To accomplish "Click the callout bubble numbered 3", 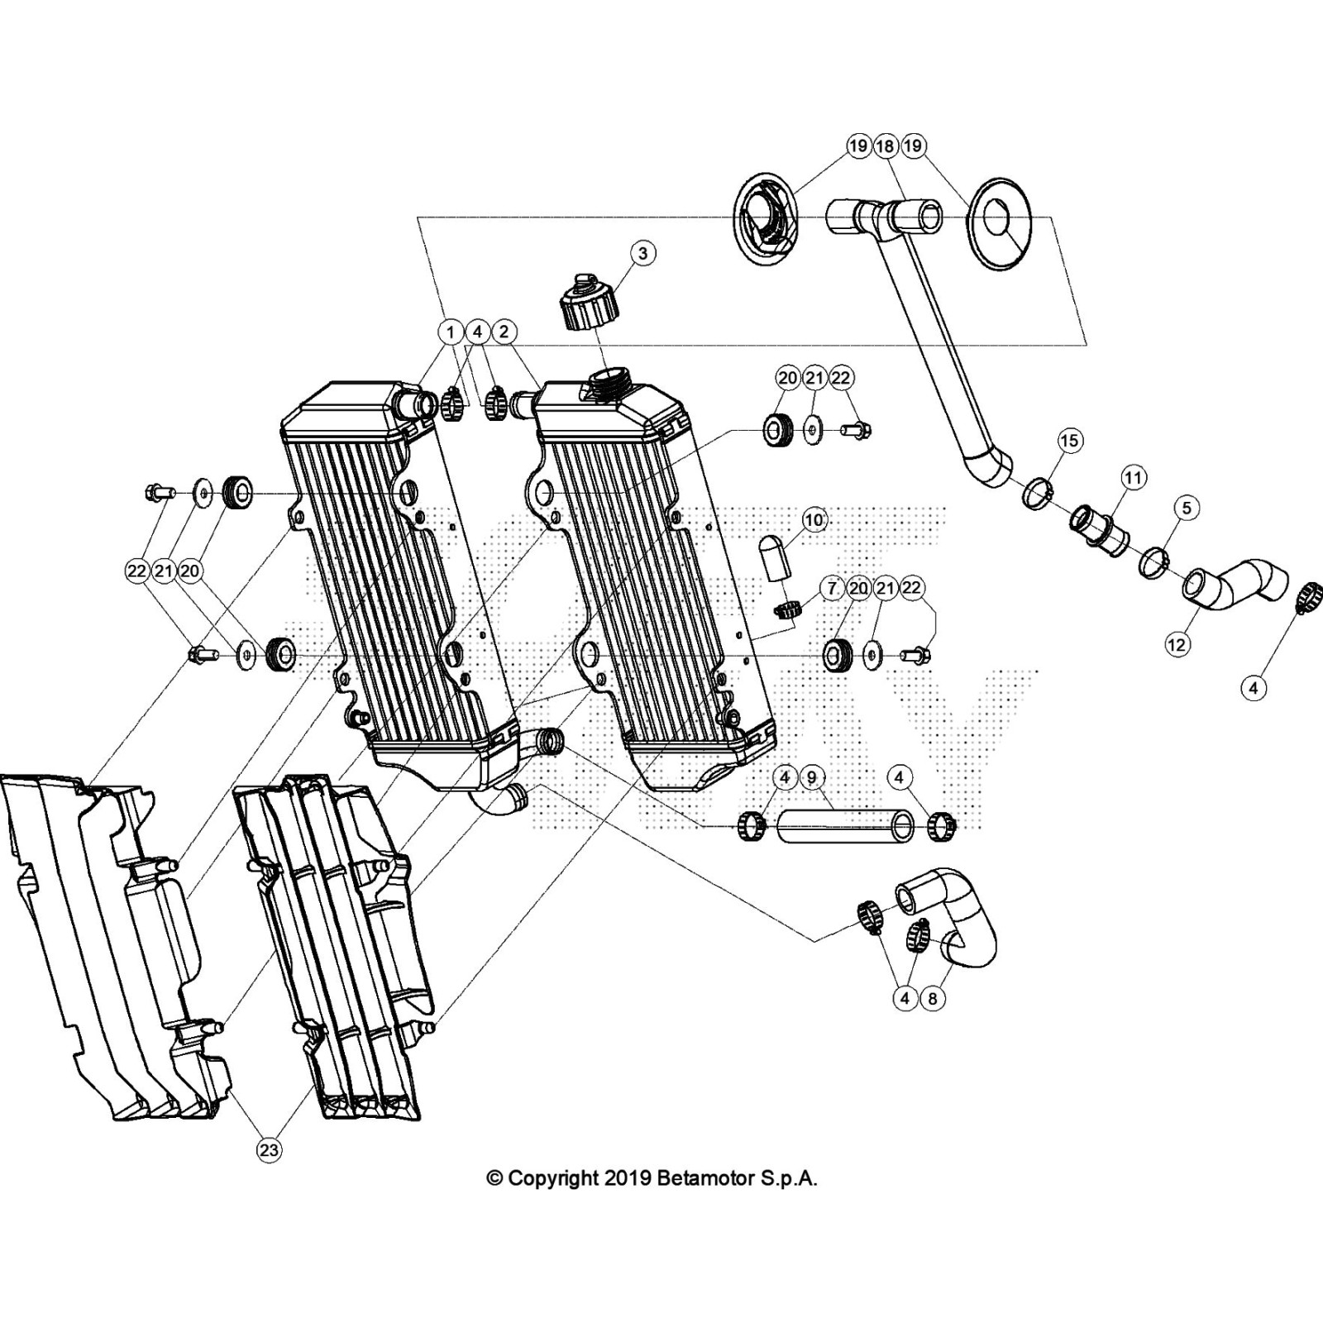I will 642,253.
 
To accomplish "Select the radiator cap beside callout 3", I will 589,303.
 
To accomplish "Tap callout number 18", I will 886,146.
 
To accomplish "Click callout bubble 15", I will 1069,440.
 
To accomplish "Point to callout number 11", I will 1133,477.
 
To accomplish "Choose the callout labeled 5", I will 1187,507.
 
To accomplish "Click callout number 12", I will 1177,643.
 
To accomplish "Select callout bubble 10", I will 814,520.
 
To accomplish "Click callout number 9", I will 811,777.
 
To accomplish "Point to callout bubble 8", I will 932,998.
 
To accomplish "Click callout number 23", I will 269,1149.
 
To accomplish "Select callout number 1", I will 451,332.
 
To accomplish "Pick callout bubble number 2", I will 504,332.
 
